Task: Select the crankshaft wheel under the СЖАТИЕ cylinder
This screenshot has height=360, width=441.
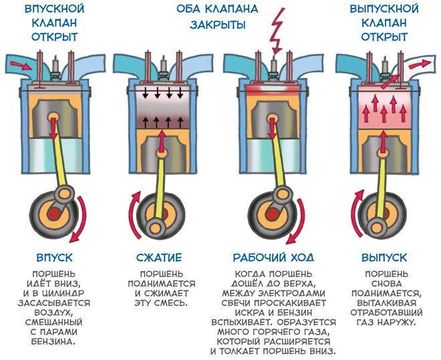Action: (x=158, y=216)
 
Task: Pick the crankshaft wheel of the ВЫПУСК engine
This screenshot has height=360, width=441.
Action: (x=380, y=213)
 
